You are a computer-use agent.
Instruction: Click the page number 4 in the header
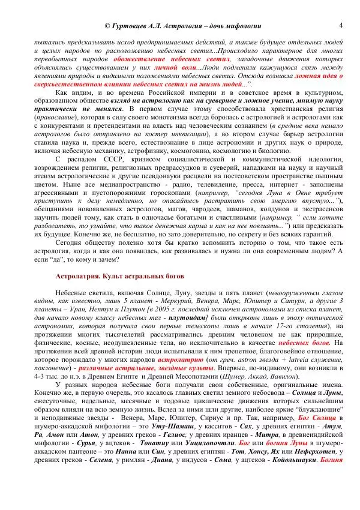[340, 25]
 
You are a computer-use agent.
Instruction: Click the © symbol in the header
[107, 27]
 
